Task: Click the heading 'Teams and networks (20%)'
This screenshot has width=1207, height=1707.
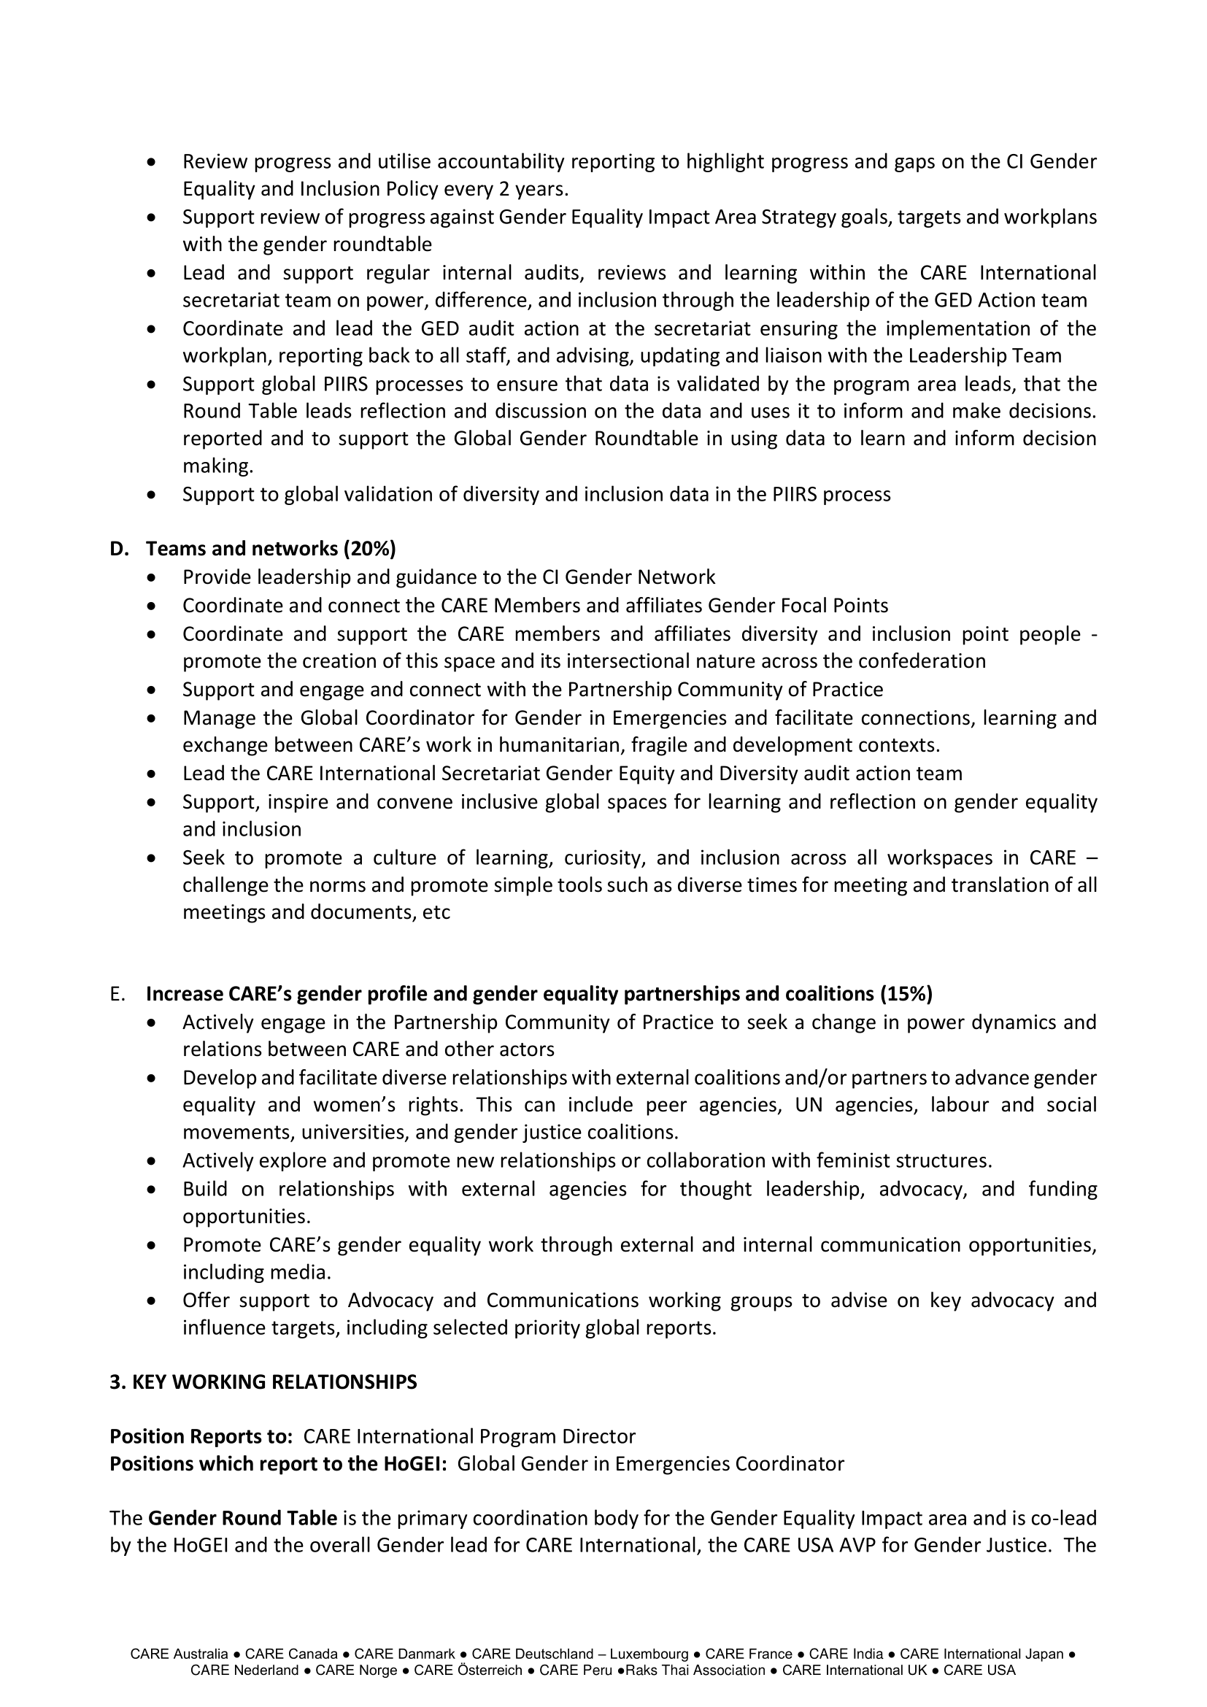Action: (x=271, y=549)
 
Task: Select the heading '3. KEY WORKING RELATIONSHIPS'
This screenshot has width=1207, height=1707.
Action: (x=263, y=1382)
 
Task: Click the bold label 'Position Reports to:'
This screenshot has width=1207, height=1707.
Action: (x=201, y=1436)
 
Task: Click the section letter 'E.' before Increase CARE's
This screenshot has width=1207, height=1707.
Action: (x=117, y=994)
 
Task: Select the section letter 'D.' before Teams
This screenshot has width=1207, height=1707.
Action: (x=119, y=549)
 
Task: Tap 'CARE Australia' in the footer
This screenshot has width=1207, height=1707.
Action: (x=179, y=1654)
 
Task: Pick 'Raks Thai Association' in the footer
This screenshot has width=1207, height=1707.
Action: (x=695, y=1671)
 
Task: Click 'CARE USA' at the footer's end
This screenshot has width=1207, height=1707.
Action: (x=979, y=1671)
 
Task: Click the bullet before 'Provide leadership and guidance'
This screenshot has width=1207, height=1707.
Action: (x=153, y=577)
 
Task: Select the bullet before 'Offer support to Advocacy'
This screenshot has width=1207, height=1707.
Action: (x=153, y=1301)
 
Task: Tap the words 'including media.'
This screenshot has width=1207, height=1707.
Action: (x=256, y=1272)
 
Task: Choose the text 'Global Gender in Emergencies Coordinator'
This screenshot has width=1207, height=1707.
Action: (x=650, y=1463)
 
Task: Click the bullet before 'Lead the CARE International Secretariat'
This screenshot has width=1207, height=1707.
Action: (x=153, y=774)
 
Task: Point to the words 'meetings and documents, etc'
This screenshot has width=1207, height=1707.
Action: (x=316, y=912)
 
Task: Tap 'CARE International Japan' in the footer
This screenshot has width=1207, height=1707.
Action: (x=981, y=1654)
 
